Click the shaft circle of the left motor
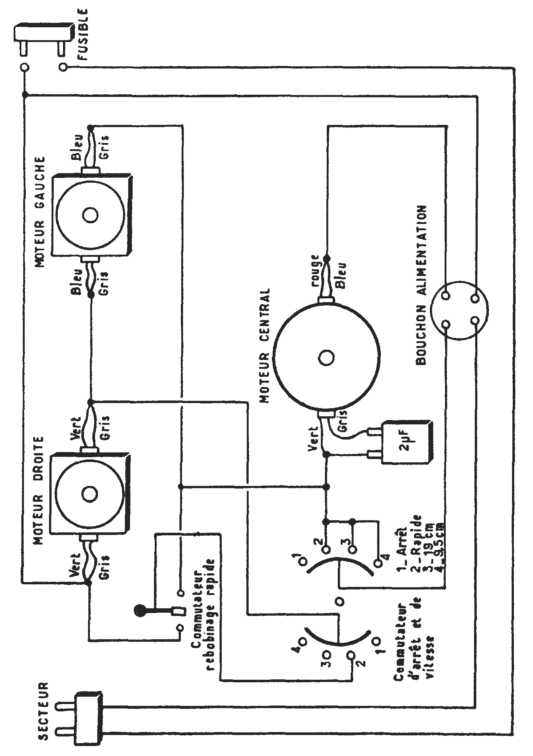tap(90, 215)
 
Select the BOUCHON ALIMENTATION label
tap(421, 285)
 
